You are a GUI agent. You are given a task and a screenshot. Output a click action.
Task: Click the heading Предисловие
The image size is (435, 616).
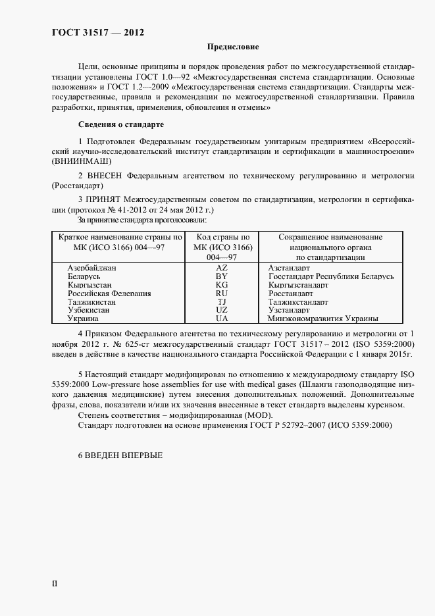coord(233,47)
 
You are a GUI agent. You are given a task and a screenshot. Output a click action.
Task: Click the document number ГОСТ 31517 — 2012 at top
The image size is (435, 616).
coord(97,32)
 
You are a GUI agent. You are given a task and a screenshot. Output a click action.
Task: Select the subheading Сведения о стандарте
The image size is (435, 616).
coord(121,125)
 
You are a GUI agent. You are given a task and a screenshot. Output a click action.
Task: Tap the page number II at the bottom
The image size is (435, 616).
coord(55,583)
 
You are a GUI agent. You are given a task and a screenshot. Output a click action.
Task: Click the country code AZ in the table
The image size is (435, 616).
coord(222,269)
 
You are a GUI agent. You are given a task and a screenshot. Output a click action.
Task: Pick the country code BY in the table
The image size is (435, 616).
coord(222,277)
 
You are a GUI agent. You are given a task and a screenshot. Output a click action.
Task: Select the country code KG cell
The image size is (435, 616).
coord(222,286)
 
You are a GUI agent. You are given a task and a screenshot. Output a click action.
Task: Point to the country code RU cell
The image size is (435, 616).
coord(222,294)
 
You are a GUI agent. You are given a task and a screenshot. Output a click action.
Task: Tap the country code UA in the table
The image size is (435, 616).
coord(222,319)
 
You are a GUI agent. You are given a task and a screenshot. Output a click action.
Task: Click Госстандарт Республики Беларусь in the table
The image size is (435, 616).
coord(331,277)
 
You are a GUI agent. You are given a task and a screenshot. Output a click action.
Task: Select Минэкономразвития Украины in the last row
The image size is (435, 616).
coord(322,319)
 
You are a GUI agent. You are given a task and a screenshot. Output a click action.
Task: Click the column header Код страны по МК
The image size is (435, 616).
coord(222,247)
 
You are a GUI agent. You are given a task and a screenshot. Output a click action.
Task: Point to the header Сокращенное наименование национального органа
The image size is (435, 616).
coord(330,247)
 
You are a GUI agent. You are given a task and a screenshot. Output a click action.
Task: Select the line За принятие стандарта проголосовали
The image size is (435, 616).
coord(143,219)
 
